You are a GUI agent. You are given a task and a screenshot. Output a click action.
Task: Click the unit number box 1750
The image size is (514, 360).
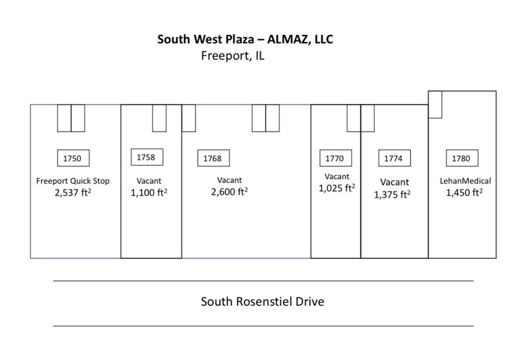click(x=72, y=159)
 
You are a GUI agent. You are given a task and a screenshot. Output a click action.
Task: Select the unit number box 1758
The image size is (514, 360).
click(x=146, y=157)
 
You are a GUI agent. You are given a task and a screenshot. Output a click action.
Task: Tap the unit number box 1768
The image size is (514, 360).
click(x=213, y=159)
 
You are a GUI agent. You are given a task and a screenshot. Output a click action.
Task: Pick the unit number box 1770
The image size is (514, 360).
click(x=334, y=159)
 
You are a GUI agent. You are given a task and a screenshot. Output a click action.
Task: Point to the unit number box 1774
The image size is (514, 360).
click(x=393, y=159)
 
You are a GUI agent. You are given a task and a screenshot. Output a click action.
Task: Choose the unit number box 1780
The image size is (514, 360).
click(x=461, y=159)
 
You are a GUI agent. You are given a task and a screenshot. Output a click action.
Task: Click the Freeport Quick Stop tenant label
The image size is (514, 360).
click(x=73, y=181)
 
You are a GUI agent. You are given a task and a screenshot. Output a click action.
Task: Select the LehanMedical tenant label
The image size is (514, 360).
click(x=466, y=181)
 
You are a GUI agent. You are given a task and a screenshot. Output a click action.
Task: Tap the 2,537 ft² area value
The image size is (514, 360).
click(x=73, y=192)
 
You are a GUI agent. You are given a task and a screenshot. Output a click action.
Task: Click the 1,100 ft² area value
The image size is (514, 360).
click(x=149, y=192)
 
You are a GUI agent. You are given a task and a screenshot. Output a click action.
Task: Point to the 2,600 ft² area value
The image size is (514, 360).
click(x=229, y=192)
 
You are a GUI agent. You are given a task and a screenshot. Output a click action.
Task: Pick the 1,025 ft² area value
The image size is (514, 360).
click(x=337, y=188)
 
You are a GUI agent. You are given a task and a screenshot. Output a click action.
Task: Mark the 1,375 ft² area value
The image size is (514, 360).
click(x=393, y=195)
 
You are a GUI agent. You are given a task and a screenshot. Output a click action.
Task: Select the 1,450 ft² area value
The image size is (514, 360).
click(x=464, y=192)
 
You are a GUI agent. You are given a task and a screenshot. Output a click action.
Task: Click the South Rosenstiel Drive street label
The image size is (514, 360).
click(x=262, y=302)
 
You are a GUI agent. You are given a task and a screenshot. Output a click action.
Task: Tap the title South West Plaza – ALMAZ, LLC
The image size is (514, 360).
click(x=245, y=40)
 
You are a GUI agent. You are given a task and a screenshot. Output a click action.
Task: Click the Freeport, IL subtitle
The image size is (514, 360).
click(x=233, y=56)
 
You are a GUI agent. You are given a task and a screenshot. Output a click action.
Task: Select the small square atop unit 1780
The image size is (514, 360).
click(x=435, y=104)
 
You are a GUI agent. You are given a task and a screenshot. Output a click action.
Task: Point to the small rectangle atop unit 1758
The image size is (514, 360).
click(x=159, y=118)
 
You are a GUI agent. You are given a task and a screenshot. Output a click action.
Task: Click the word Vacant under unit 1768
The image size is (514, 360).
click(x=229, y=180)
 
